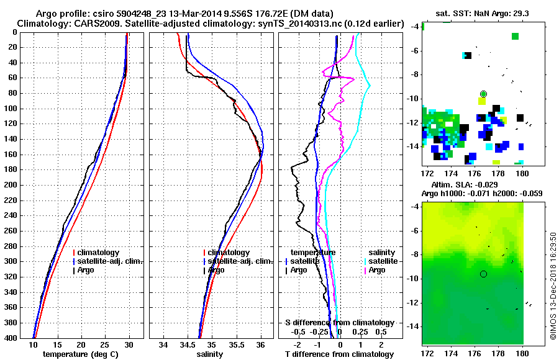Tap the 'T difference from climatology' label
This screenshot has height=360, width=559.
339,354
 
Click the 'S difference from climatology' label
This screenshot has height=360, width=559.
340,323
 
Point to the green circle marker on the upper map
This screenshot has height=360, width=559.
483,93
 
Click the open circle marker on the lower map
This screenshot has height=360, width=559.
483,274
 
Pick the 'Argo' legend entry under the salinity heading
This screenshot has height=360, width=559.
377,270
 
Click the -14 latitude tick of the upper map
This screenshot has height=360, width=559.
413,146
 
